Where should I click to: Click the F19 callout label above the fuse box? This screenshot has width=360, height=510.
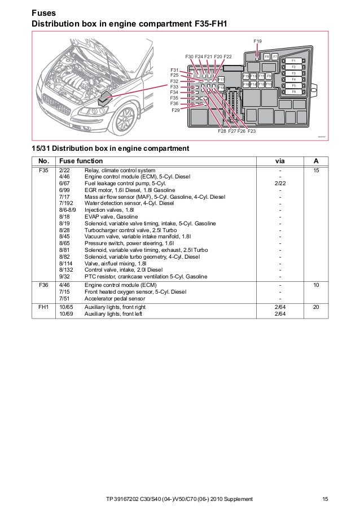[x=257, y=42]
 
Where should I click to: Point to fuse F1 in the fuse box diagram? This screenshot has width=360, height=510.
[x=294, y=60]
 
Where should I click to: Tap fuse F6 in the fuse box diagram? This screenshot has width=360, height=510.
[x=294, y=91]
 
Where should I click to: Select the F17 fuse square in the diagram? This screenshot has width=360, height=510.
[x=221, y=80]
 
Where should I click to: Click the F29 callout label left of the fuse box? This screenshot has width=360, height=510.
[x=176, y=111]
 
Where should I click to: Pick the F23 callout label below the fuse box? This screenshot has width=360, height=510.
[x=251, y=131]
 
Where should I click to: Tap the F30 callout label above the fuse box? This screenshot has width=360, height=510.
[x=189, y=57]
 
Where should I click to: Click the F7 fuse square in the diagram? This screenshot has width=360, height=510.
[x=275, y=57]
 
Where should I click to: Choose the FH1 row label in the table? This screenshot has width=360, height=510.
[x=43, y=307]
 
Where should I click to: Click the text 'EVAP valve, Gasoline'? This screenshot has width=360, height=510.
[x=111, y=216]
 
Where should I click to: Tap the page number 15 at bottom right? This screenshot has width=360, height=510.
[x=325, y=499]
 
